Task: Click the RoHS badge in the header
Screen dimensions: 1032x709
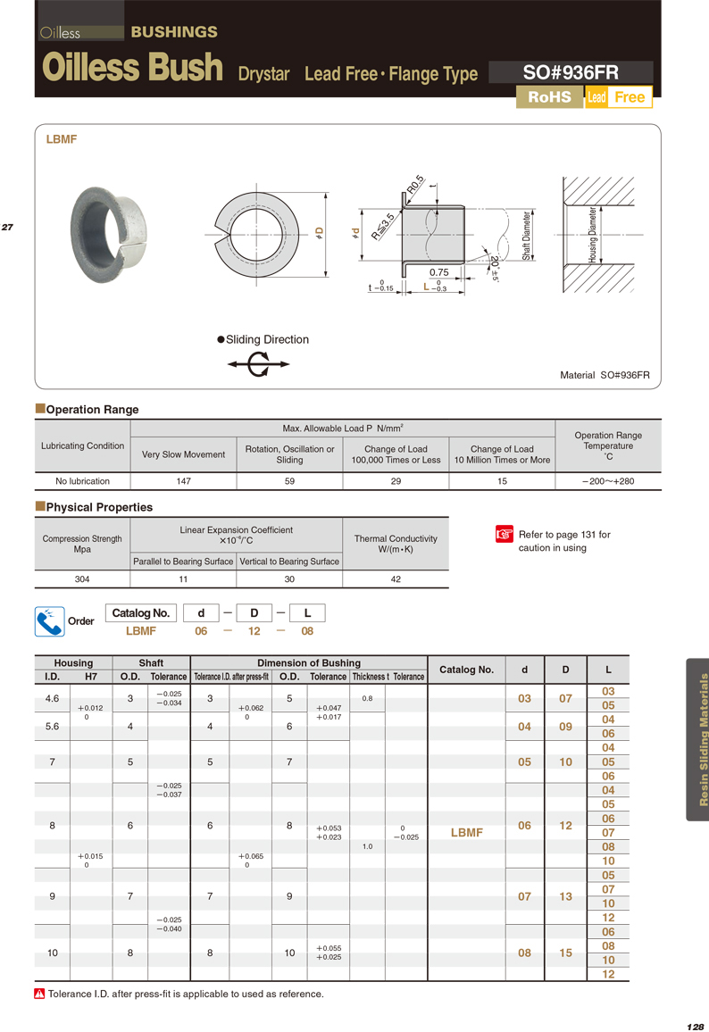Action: coord(549,97)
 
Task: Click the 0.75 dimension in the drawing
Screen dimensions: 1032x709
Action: coord(438,272)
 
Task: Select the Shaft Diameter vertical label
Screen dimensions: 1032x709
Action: coord(527,235)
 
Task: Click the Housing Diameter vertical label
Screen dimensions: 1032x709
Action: coord(592,235)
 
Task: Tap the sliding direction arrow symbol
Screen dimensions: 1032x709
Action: coord(258,364)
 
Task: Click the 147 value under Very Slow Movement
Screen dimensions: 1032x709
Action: coord(184,481)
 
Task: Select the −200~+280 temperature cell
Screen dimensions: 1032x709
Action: coord(608,481)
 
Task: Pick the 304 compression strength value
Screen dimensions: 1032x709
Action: coord(82,579)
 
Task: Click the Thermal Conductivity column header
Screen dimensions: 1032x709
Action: coord(396,544)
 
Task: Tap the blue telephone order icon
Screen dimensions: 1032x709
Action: coord(49,621)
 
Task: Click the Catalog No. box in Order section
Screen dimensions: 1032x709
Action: coord(141,613)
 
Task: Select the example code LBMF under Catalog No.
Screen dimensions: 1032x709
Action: coord(141,631)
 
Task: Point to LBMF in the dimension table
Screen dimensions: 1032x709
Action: coord(466,832)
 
